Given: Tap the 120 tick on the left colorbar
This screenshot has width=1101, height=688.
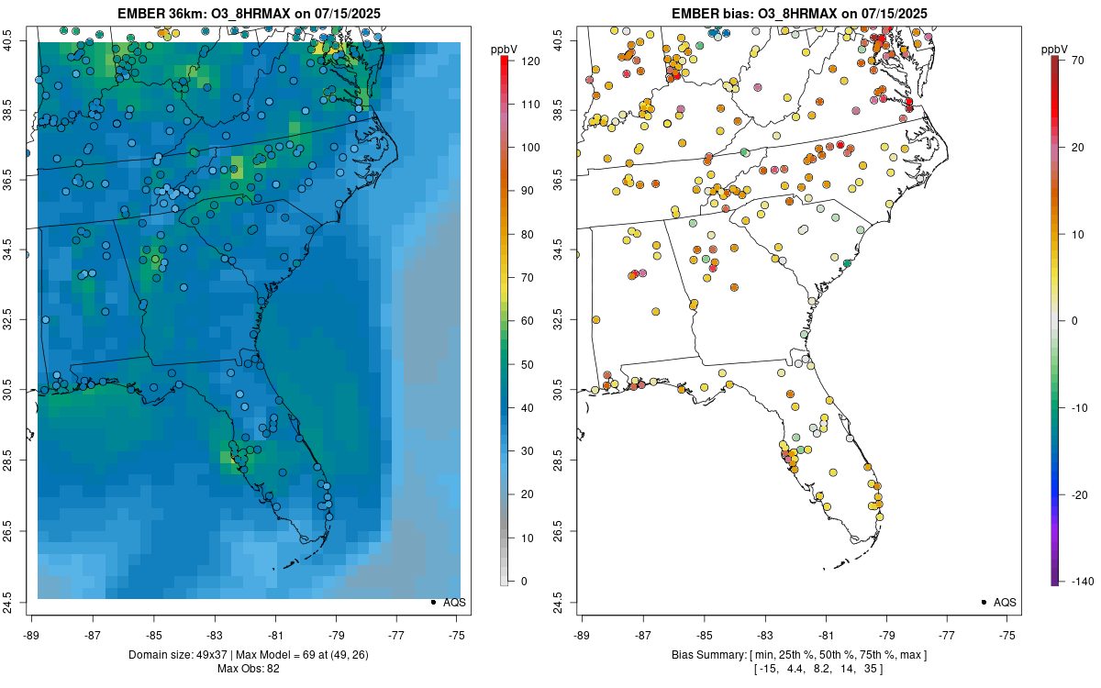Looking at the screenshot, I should point(527,61).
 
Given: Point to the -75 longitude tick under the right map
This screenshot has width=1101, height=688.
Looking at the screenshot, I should point(1007,634).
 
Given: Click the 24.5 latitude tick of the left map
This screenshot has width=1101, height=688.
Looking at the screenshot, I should point(17,602).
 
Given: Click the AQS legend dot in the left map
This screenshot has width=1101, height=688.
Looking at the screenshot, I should point(432,602).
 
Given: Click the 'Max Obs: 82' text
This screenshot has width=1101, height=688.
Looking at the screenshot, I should point(248,668).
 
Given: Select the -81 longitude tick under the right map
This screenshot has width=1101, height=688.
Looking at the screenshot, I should point(826,634).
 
